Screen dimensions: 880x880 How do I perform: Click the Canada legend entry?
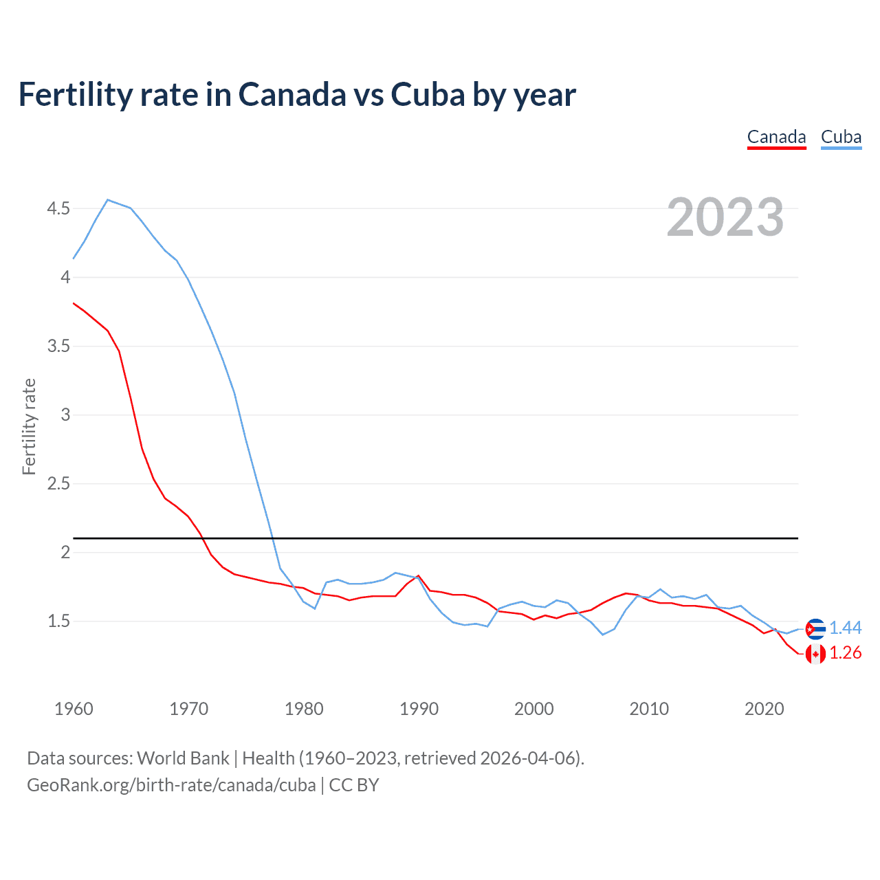click(776, 137)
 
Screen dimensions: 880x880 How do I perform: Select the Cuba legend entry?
click(841, 137)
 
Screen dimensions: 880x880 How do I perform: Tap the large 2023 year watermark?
click(725, 217)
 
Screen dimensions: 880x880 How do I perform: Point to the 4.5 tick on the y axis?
click(58, 208)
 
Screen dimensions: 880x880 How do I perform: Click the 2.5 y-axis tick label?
click(58, 483)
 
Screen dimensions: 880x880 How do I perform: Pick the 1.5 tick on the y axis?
click(58, 621)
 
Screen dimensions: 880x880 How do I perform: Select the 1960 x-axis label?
click(74, 709)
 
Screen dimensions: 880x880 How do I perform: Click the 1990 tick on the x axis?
click(419, 709)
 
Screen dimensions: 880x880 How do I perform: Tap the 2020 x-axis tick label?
click(764, 709)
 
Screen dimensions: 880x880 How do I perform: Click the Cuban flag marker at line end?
click(815, 628)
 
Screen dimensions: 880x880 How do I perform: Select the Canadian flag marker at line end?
click(815, 653)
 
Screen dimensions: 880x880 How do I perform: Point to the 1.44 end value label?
click(845, 628)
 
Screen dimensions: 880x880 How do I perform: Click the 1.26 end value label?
click(845, 653)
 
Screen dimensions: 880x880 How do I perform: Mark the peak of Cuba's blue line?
click(108, 200)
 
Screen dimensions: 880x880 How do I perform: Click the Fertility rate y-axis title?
click(29, 426)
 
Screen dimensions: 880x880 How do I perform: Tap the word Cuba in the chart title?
click(428, 94)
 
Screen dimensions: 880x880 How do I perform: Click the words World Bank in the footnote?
click(183, 758)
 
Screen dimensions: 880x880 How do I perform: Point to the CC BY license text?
click(354, 784)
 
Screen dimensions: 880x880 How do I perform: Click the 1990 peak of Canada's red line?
click(418, 576)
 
